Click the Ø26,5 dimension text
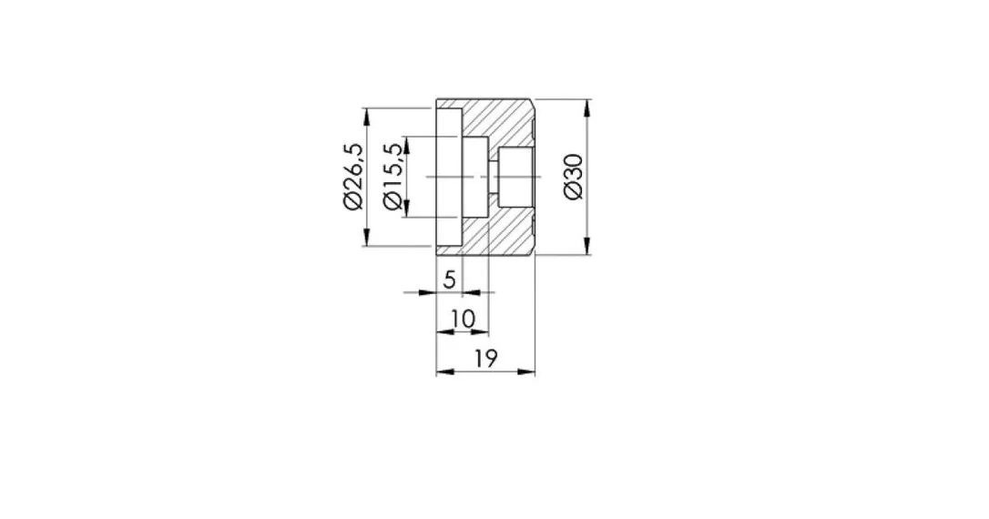[x=353, y=176]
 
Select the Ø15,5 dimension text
[x=392, y=177]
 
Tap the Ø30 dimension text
[x=574, y=178]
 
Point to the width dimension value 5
[x=449, y=279]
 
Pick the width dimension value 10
[x=464, y=319]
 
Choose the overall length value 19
[x=485, y=358]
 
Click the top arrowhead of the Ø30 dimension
[x=587, y=107]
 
